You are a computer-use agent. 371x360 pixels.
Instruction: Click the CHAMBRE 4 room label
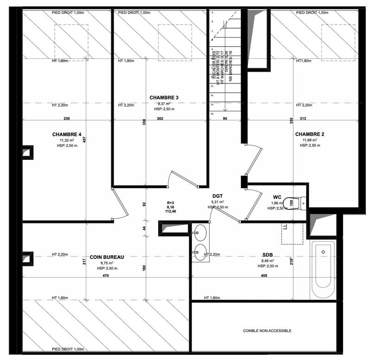(x=67, y=134)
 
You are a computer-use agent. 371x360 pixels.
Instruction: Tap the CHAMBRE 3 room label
(x=164, y=97)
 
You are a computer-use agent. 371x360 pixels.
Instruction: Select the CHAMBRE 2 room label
(x=310, y=134)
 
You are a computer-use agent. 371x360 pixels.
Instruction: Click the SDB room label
(x=268, y=255)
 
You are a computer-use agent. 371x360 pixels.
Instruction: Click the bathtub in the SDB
(x=323, y=270)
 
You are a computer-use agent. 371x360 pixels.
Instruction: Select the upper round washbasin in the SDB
(x=200, y=230)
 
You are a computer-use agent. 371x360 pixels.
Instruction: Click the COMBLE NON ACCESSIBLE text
(x=267, y=331)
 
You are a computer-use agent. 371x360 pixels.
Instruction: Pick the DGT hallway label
(x=218, y=196)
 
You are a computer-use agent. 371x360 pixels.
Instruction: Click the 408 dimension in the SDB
(x=264, y=276)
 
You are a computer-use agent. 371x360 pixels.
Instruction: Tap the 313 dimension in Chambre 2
(x=304, y=119)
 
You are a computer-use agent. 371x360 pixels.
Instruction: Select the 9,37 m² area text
(x=164, y=104)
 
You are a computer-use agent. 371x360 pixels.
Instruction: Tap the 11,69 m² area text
(x=310, y=140)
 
